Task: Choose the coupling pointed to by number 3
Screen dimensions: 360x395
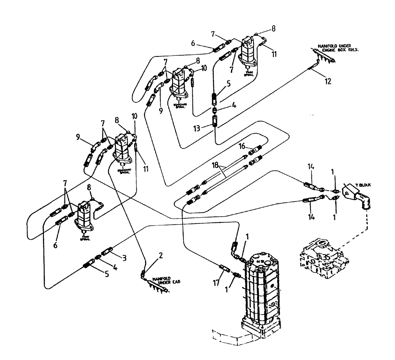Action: pyautogui.click(x=108, y=252)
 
